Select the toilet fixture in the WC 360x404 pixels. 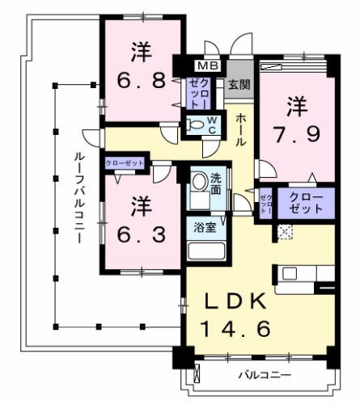pyautogui.click(x=195, y=125)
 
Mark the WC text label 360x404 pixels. pyautogui.click(x=211, y=125)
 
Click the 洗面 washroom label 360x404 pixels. pyautogui.click(x=217, y=184)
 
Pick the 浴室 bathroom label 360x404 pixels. pyautogui.click(x=204, y=228)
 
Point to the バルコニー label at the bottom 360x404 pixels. pyautogui.click(x=265, y=376)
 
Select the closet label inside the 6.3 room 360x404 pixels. pyautogui.click(x=124, y=163)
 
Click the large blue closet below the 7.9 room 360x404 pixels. pyautogui.click(x=305, y=203)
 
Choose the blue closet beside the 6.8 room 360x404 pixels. pyautogui.click(x=199, y=95)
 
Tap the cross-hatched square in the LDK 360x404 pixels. pyautogui.click(x=284, y=231)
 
